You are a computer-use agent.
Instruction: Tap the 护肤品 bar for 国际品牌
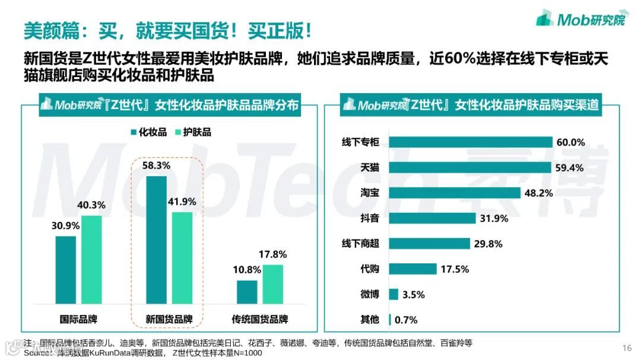coord(91,261)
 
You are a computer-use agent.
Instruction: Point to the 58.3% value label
coord(156,165)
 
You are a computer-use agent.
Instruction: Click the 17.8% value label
coord(272,254)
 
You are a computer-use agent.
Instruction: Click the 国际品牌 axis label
coord(79,319)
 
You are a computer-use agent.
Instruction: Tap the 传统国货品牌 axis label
coord(259,319)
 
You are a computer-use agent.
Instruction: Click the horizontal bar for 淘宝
coord(455,193)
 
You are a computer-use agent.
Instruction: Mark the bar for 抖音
coord(433,218)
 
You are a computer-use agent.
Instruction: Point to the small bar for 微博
coord(393,294)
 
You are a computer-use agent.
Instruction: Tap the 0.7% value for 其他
coord(406,320)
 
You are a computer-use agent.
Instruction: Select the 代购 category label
coord(369,269)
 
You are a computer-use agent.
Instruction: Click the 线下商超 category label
coord(360,243)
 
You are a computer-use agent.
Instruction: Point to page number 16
coord(627,348)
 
